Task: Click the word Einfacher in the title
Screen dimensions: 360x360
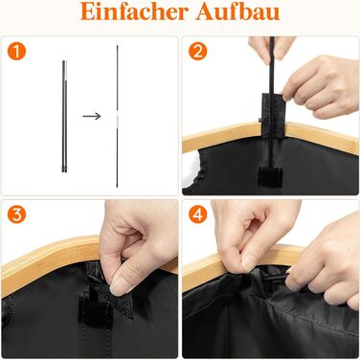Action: (x=134, y=11)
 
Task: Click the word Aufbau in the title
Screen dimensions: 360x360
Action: (x=237, y=11)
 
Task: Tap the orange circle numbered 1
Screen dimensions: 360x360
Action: (x=16, y=51)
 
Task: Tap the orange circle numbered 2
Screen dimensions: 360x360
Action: (x=198, y=51)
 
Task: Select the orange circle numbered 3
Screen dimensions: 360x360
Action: (x=16, y=214)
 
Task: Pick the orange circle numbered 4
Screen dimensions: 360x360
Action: (x=198, y=214)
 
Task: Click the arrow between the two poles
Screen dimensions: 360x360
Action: (x=92, y=116)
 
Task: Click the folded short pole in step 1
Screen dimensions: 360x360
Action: (x=65, y=116)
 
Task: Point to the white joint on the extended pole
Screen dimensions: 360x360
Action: (x=117, y=119)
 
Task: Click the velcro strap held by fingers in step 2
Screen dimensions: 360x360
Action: (x=272, y=116)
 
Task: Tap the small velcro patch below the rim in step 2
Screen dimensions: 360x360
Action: (x=270, y=176)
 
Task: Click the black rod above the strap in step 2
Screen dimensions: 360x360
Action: (x=272, y=65)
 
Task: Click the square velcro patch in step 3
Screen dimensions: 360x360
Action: (x=95, y=313)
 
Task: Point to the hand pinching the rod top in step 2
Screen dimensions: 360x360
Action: (x=271, y=49)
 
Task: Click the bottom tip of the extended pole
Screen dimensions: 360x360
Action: (x=117, y=187)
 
